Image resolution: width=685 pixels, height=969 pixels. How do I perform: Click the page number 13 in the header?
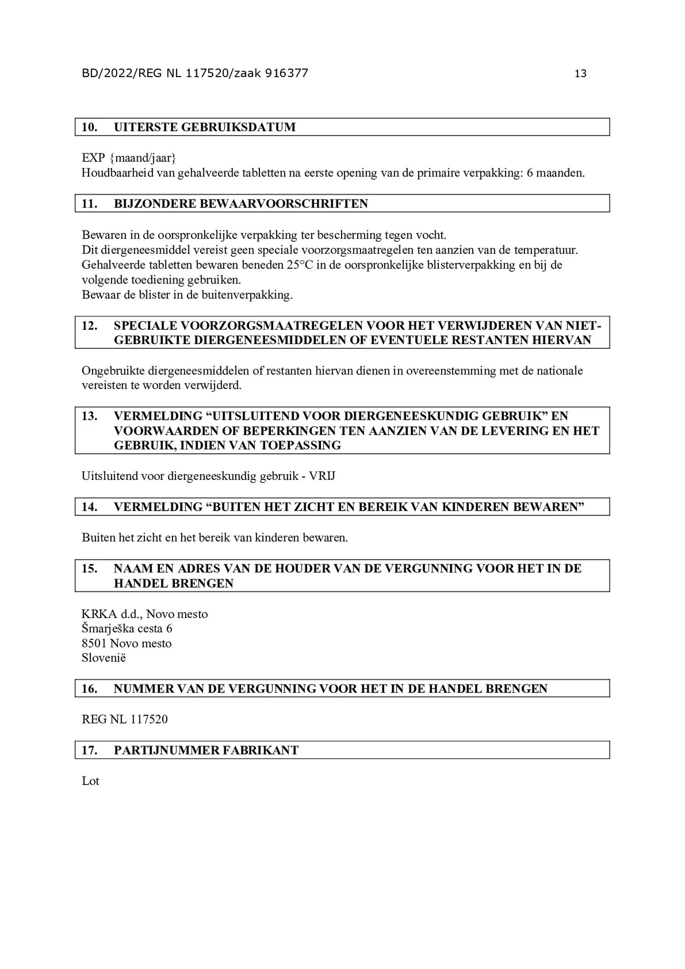click(580, 73)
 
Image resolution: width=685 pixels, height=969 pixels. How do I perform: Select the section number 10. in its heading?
click(89, 127)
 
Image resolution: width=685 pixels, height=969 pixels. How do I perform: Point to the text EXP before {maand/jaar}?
click(94, 158)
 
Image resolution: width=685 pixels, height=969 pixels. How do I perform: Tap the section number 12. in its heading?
click(89, 326)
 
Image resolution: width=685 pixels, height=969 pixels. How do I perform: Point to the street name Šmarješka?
click(108, 629)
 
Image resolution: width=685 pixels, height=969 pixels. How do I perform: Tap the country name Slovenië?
click(104, 658)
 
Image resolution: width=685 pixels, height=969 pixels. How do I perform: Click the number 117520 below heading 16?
click(149, 719)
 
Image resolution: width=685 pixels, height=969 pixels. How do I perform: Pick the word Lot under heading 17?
click(90, 781)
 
